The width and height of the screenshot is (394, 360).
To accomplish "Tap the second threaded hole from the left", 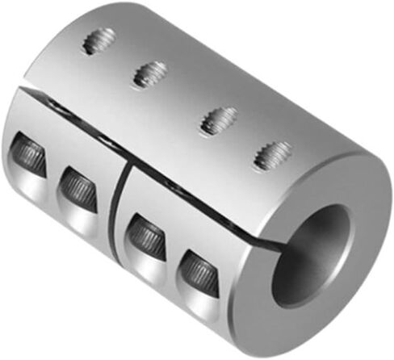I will pos(149,75).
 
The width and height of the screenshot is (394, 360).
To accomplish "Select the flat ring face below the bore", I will pos(315,319).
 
